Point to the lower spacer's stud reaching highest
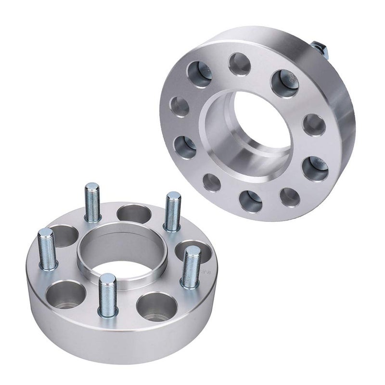pos(92,202)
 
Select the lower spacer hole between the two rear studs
pos(133,214)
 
